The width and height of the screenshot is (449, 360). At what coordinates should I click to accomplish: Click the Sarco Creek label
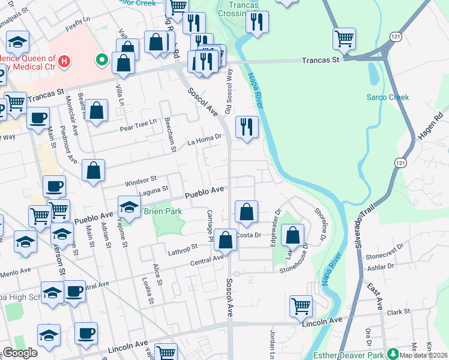pos(388,97)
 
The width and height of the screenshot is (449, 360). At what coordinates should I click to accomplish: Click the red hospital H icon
pos(63,61)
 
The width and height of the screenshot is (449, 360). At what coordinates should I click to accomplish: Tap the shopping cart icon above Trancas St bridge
pos(345,39)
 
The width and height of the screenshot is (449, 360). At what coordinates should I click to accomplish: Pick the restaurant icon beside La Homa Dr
pos(247,127)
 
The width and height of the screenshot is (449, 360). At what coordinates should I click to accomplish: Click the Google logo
pos(20,353)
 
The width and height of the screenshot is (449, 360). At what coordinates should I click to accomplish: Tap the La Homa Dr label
pos(204,140)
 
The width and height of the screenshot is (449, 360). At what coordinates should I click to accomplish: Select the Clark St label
pos(397,311)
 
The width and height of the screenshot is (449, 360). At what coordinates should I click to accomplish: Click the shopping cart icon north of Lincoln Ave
pos(301,306)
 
